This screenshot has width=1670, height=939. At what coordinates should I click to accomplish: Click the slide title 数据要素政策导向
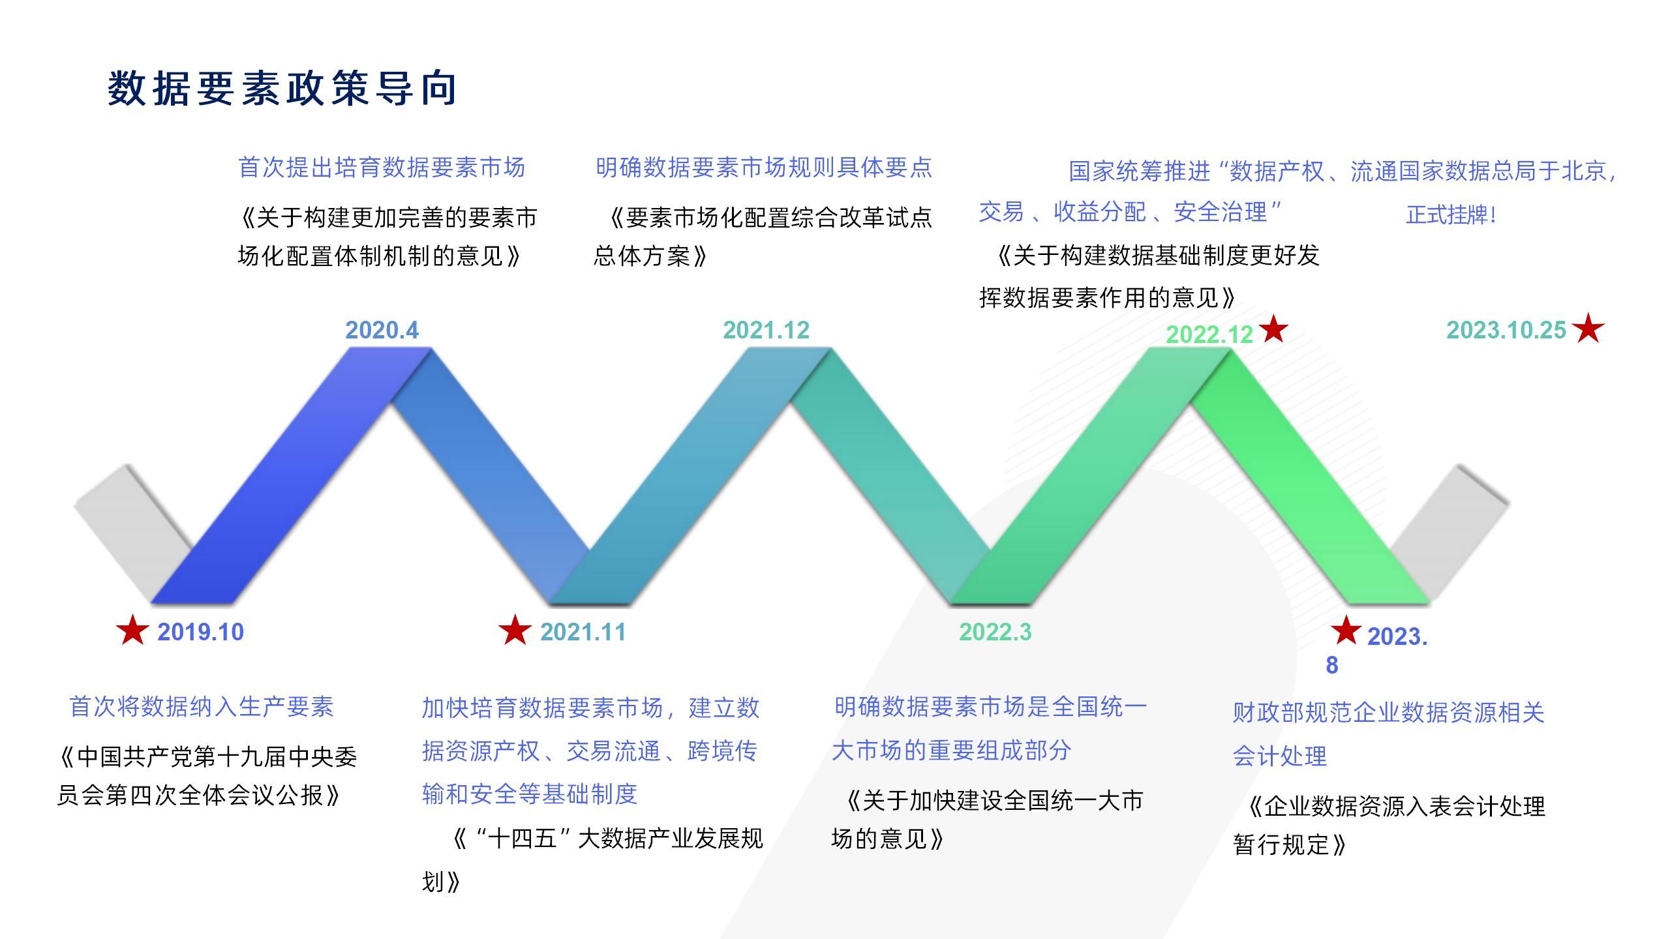point(282,89)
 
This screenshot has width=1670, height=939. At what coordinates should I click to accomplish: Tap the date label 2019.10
point(200,632)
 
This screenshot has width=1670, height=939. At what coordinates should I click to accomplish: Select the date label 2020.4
point(382,330)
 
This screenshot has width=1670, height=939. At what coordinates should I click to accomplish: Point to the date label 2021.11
point(583,632)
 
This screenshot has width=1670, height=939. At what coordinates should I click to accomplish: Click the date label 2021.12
point(766,330)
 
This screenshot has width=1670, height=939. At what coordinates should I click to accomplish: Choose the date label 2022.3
point(995,632)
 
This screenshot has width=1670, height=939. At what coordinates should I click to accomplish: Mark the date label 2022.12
point(1209,335)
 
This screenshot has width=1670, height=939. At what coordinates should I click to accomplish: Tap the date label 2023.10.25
point(1506,330)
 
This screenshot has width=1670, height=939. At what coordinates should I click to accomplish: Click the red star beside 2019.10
point(132,630)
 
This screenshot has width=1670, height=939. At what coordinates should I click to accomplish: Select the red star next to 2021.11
point(515,630)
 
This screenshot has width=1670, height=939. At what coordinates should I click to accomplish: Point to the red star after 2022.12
point(1273,329)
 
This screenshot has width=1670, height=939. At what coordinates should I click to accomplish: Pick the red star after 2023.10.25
point(1588,328)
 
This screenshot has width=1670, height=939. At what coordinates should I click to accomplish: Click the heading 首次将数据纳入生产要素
point(202,707)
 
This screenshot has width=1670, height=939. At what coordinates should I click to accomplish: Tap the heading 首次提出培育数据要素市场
point(382,168)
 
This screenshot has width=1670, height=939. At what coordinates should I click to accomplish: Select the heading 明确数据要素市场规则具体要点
point(764,168)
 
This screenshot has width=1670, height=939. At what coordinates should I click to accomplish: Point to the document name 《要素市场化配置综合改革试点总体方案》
point(763,236)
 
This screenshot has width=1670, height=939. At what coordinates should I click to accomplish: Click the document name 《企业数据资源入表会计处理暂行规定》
point(1389,826)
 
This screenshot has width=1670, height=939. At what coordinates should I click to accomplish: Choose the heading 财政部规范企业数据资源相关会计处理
point(1388,734)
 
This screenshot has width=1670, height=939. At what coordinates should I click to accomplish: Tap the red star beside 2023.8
point(1345,631)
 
